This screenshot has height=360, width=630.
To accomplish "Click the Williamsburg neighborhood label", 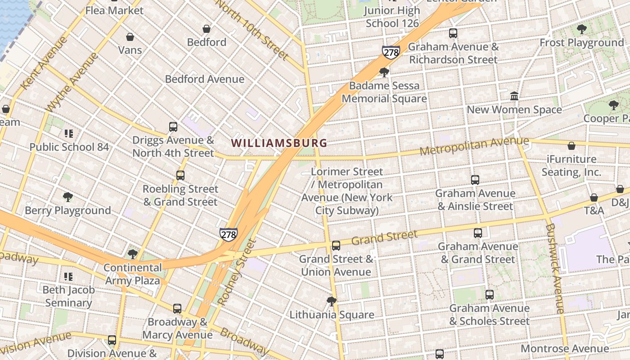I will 279,143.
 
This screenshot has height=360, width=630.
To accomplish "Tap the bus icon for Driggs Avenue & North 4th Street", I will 173,127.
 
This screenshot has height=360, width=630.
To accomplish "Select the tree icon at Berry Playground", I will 68,197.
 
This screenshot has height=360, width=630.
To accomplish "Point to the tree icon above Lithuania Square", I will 332,301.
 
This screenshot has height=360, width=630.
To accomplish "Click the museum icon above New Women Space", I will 514,96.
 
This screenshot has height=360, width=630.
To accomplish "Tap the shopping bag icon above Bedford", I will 207,29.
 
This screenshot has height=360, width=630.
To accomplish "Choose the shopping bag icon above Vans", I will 130,37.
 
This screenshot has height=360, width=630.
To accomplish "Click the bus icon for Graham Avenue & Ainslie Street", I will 475,180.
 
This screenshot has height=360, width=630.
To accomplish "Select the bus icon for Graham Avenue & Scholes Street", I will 490,295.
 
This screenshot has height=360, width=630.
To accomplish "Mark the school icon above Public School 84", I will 69,133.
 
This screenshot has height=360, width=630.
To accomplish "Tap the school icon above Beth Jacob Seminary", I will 68,276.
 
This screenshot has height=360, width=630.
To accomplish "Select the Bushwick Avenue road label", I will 554,268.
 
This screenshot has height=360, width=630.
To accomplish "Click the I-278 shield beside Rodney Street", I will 229,234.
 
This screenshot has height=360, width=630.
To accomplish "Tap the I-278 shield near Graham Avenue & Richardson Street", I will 391,52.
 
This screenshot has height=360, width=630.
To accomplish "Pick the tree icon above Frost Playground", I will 581,30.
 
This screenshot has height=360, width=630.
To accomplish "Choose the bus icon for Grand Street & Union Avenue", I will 336,246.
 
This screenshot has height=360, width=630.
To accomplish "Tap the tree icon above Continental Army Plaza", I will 132,254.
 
